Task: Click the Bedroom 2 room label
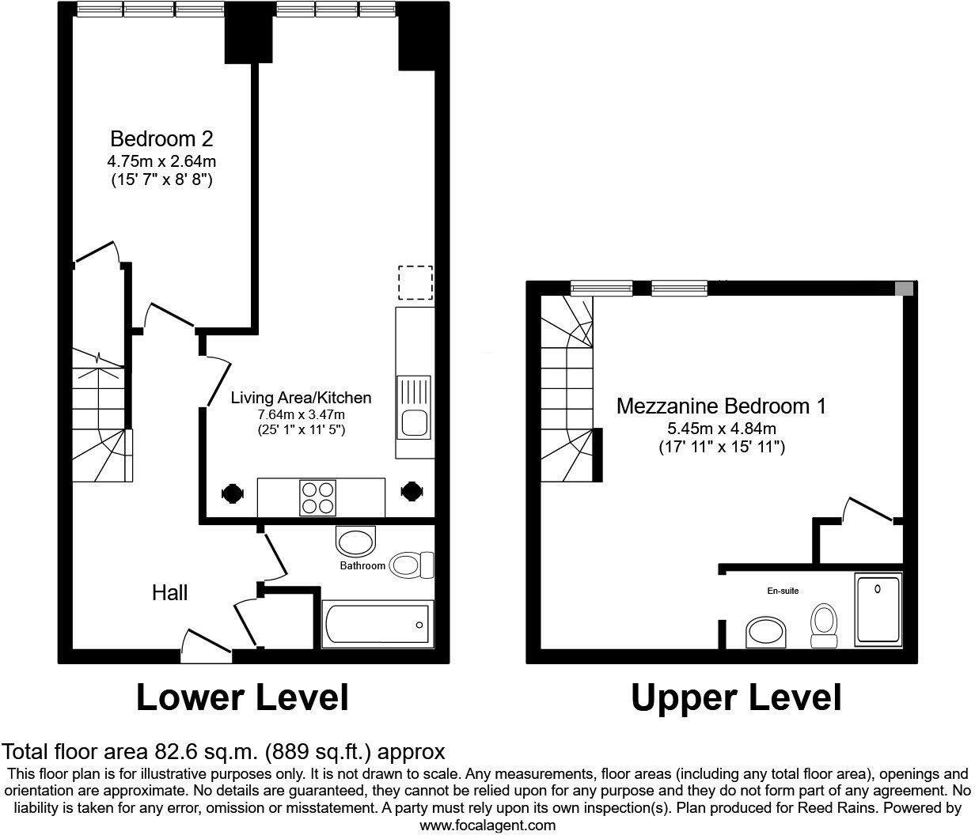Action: tap(161, 140)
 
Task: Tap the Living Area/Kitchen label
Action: tap(301, 398)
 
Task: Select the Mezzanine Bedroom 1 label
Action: tap(721, 406)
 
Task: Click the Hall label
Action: tap(170, 592)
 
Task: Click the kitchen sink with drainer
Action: tap(414, 407)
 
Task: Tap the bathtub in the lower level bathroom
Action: tap(377, 624)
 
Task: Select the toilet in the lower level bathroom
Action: tap(412, 565)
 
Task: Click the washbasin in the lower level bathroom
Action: tap(357, 542)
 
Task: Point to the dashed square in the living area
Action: tap(415, 283)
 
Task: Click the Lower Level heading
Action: tap(242, 697)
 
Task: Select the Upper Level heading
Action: tap(736, 697)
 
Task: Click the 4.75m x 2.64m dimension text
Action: tap(161, 162)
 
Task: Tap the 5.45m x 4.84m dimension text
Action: tap(721, 429)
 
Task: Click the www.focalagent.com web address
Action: tap(487, 826)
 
